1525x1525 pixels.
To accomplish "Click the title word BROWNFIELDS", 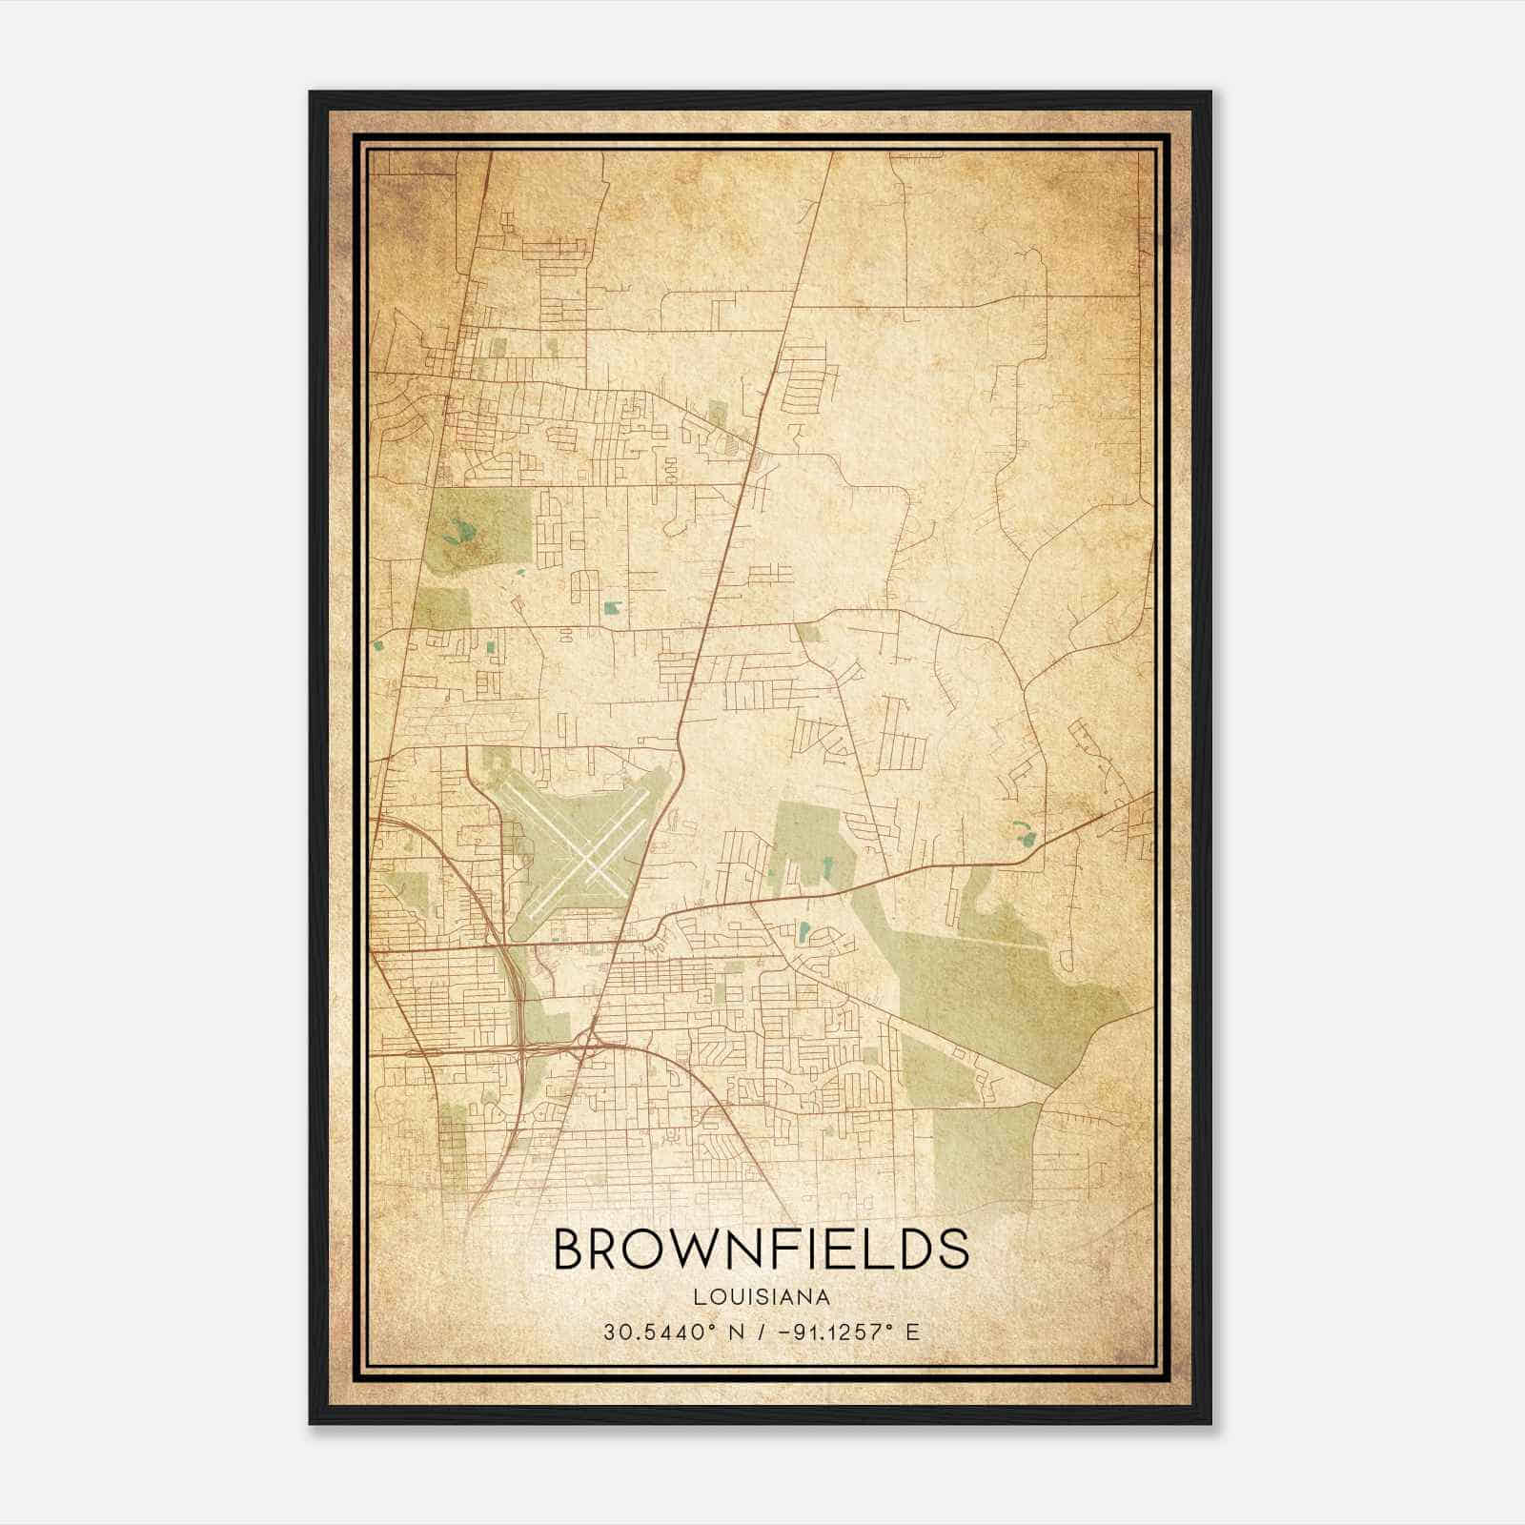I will tap(762, 1250).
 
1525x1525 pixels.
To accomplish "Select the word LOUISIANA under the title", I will tap(762, 1297).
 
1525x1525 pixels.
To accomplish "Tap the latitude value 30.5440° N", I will tap(671, 1332).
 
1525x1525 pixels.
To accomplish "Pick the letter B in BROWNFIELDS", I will tap(569, 1250).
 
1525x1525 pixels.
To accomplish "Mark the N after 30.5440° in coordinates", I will tap(734, 1332).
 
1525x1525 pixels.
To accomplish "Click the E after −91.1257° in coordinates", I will tap(913, 1332).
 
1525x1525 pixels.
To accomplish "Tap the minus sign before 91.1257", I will tap(783, 1332).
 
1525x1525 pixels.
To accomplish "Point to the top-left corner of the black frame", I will tap(310, 92).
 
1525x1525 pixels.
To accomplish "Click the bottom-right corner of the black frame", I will tap(1211, 1424).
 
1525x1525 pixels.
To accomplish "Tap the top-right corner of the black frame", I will tap(1211, 92).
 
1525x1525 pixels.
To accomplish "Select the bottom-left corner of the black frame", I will tap(310, 1424).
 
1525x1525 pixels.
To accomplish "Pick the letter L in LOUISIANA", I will tap(701, 1297).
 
